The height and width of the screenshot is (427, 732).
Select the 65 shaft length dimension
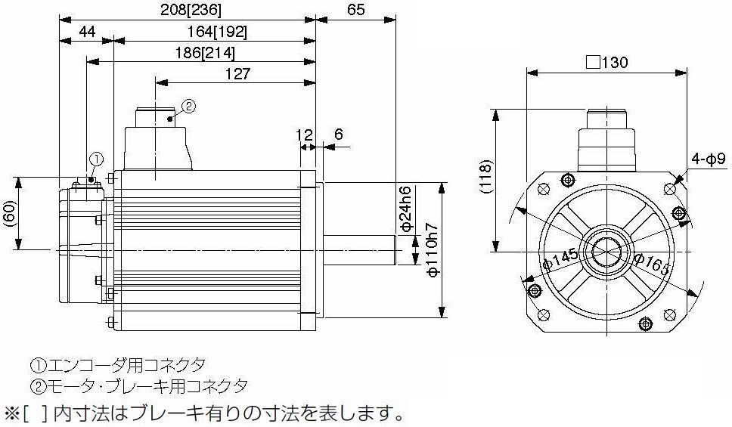coord(355,10)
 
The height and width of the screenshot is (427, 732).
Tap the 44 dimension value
coord(87,32)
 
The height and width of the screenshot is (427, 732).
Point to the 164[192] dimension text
coord(217,32)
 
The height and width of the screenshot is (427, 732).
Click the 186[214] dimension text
coord(205,53)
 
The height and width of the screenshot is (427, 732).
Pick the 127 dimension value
coord(237,74)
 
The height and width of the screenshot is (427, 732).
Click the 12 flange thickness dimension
coord(304,135)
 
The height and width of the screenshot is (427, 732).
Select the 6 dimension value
coord(339,135)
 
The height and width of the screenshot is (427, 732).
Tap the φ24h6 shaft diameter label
coord(407,208)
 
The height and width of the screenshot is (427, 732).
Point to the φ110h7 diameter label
coord(434,251)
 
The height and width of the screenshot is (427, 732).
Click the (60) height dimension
coord(11,214)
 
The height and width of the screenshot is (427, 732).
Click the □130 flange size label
coord(607,62)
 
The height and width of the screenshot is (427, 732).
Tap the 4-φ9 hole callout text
coord(709,159)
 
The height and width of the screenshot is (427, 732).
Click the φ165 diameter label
coord(652,264)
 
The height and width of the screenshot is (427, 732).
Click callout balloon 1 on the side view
coord(95,159)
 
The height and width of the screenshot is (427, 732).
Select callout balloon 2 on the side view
coord(188,107)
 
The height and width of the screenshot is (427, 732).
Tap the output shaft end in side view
coord(396,251)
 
